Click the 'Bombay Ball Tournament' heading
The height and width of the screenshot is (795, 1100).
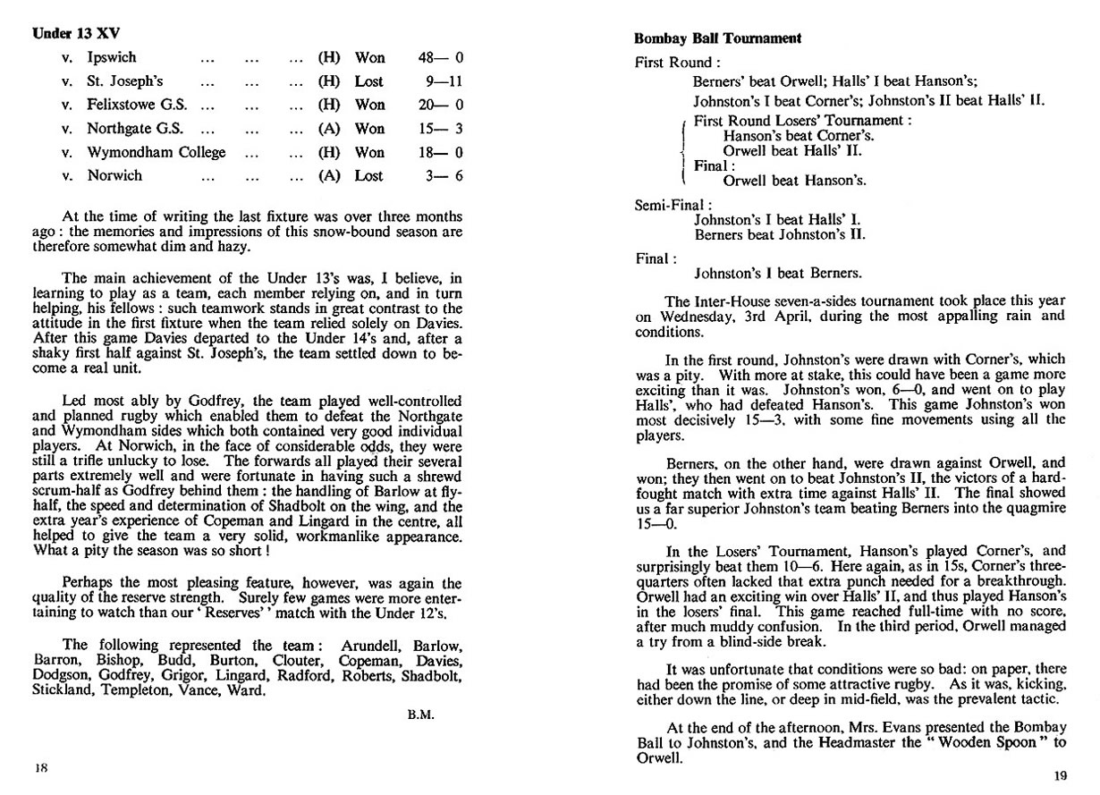(716, 38)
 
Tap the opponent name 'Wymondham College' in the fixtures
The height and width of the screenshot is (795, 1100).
(157, 152)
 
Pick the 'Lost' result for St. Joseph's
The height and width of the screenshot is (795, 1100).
(369, 81)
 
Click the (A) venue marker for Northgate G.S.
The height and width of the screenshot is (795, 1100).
(329, 129)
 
